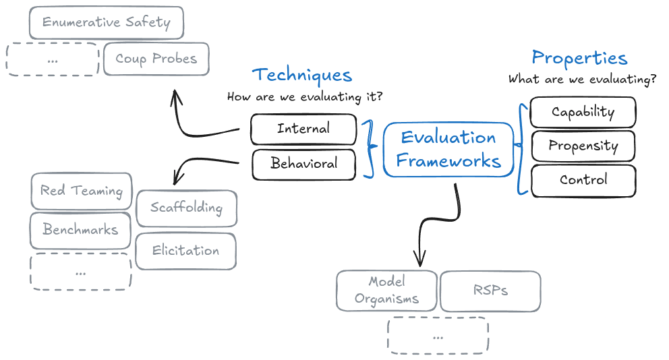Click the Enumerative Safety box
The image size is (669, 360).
click(x=107, y=23)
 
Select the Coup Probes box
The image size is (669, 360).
click(x=156, y=59)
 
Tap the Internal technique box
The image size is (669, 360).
click(x=303, y=129)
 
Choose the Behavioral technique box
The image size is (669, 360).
click(x=303, y=164)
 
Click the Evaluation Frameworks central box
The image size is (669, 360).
click(x=448, y=149)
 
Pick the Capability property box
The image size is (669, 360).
click(x=583, y=112)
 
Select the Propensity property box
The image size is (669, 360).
click(x=583, y=146)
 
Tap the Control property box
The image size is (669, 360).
click(x=583, y=181)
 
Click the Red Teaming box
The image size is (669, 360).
click(x=82, y=191)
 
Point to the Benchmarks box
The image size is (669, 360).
click(x=80, y=231)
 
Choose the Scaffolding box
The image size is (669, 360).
click(x=186, y=208)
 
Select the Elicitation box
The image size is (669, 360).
click(x=185, y=251)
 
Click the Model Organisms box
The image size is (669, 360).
click(x=386, y=291)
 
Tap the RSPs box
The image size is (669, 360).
click(x=490, y=291)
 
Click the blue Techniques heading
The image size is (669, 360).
click(x=302, y=76)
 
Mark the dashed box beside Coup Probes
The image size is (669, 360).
click(x=53, y=60)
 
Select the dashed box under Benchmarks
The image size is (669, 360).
click(x=81, y=272)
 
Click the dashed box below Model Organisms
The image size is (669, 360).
click(x=438, y=336)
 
